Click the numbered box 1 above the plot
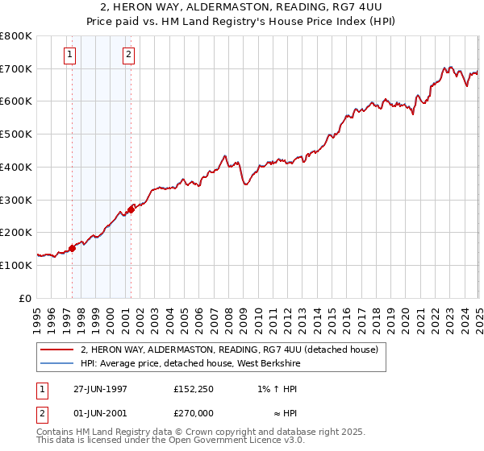pos(71,55)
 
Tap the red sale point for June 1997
pos(72,248)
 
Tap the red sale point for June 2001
pos(130,209)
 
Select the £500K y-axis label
pos(16,134)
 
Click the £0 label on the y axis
pos(26,298)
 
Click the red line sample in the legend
pos(56,350)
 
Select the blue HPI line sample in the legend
pos(56,364)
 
